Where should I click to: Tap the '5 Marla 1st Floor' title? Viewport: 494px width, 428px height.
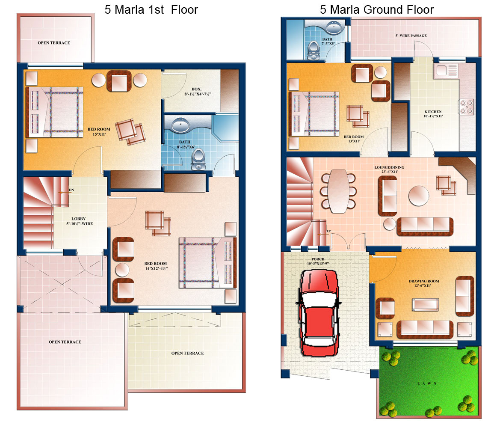151,9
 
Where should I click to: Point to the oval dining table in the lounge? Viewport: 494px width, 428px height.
338,191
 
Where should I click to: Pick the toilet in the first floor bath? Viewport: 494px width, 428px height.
198,160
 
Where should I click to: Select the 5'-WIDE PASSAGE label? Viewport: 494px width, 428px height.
411,36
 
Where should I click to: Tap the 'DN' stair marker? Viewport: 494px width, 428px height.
71,191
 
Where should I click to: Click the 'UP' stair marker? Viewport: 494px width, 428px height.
328,232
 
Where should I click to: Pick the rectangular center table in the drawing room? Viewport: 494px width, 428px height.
425,304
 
